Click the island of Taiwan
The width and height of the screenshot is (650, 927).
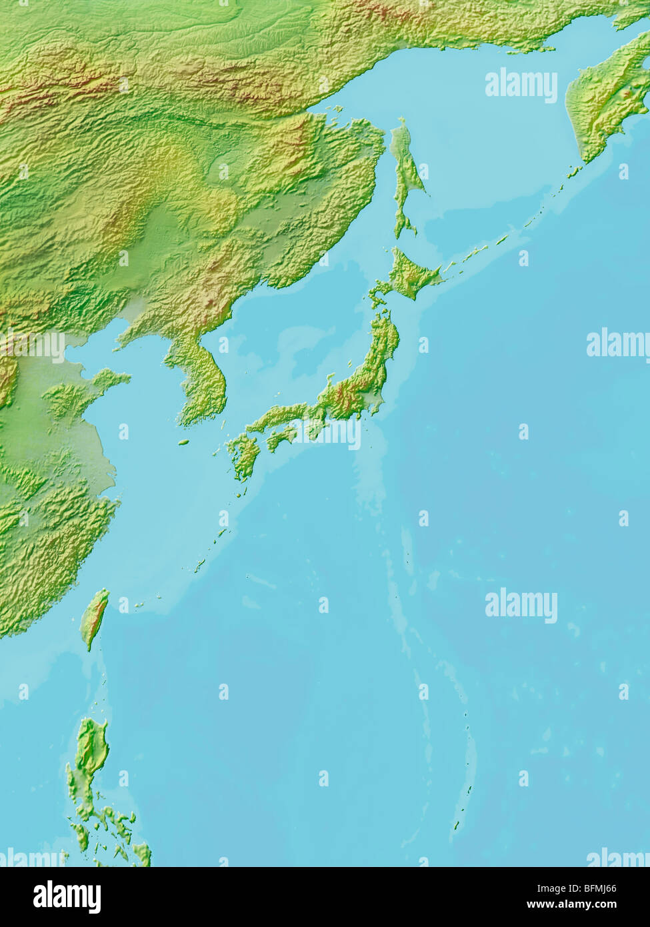94,617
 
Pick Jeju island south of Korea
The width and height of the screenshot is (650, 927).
184,441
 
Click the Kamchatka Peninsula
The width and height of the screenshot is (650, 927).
603,100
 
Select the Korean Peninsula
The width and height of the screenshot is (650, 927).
200,380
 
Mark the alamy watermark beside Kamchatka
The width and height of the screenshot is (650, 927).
521,85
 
